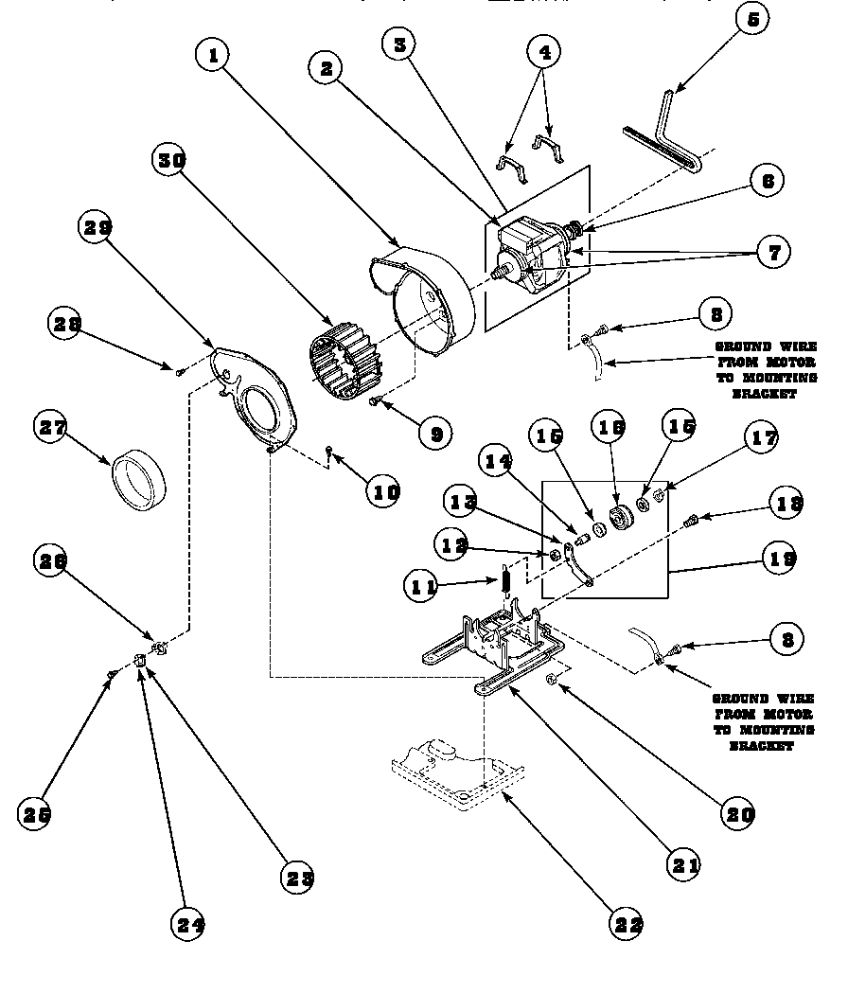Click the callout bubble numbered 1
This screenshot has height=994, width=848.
point(213,56)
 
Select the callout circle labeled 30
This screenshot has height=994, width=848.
point(170,160)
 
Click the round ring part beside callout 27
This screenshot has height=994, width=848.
point(139,480)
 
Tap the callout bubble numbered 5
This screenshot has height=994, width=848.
point(751,19)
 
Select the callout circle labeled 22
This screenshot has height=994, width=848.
point(627,925)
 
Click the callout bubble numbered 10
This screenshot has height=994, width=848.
point(384,491)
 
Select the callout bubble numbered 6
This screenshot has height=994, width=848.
point(768,180)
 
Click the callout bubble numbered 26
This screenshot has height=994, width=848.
point(53,561)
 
